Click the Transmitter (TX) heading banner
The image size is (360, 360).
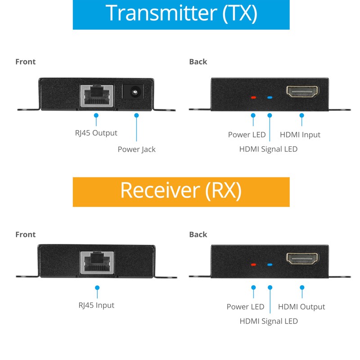[181, 14]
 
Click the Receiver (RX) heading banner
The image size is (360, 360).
[181, 191]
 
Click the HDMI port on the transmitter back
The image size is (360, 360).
[302, 94]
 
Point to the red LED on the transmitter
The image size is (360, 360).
[253, 97]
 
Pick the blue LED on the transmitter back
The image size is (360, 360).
[270, 97]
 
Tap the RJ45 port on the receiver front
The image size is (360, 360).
[97, 262]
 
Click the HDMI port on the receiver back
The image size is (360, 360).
[302, 259]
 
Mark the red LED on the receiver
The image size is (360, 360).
[253, 265]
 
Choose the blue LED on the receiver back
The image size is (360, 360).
[270, 265]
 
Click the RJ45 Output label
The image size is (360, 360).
[96, 133]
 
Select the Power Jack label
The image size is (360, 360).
[136, 149]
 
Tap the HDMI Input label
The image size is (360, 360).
[300, 135]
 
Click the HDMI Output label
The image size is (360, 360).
[301, 307]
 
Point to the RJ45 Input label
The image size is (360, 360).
[96, 305]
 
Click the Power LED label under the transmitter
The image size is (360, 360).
[247, 135]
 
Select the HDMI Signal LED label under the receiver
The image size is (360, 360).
[269, 321]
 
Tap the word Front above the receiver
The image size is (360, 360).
[25, 234]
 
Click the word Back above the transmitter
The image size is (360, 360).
[198, 62]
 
